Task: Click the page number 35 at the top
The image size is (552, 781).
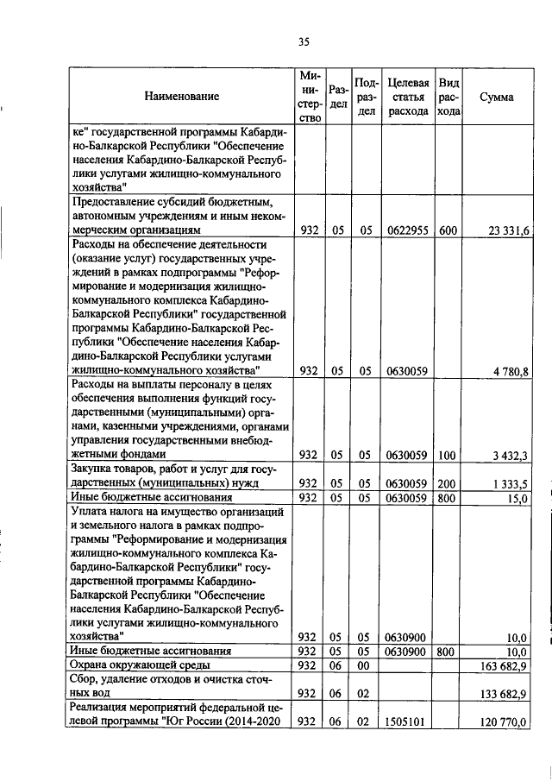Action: coord(304,41)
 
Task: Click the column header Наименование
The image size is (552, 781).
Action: coord(182,98)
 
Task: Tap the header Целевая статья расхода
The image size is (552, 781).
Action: coord(409,98)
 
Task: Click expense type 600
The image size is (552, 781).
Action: coord(448,230)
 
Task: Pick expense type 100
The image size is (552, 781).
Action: coord(448,455)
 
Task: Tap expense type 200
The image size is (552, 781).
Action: coord(448,483)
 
